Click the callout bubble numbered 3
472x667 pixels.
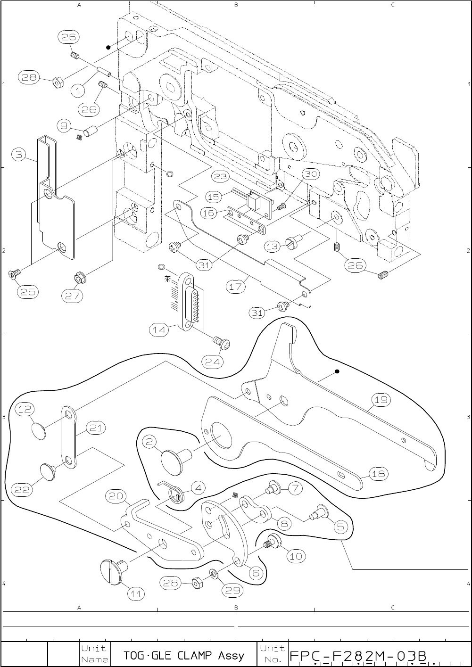click(18, 154)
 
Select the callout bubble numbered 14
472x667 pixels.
click(159, 330)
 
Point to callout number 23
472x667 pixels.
click(220, 177)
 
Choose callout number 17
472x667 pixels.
click(236, 286)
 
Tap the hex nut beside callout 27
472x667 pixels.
click(79, 279)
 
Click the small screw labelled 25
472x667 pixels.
click(14, 273)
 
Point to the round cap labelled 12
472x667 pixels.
click(39, 429)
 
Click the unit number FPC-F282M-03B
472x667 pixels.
click(358, 656)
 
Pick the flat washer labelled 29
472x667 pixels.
click(214, 573)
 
